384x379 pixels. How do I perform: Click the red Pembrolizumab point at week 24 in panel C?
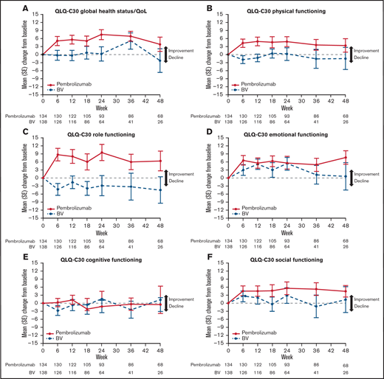[x=101, y=153]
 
